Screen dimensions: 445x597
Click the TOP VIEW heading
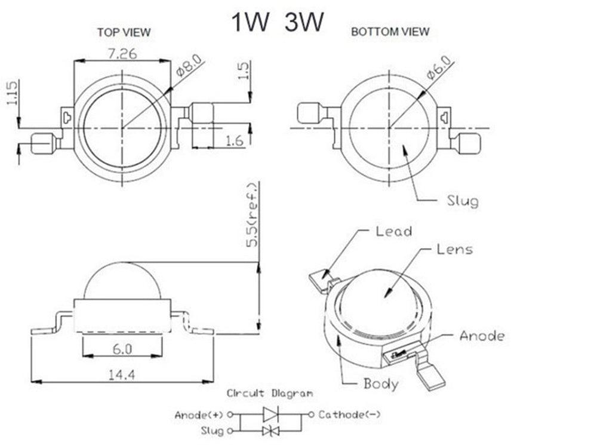coord(124,32)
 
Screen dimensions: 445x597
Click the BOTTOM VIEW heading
coord(390,32)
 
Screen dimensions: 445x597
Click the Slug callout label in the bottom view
coord(462,200)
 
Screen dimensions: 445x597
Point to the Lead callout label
coord(393,231)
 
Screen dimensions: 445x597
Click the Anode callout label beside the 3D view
coord(481,336)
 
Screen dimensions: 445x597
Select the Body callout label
coord(380,383)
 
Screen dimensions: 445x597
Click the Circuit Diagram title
coord(269,394)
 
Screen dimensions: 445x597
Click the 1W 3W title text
coord(278,23)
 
